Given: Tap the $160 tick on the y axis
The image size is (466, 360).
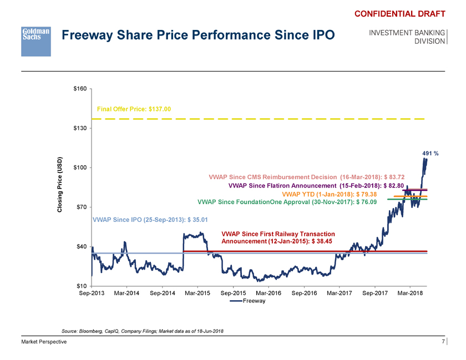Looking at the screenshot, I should point(81,89).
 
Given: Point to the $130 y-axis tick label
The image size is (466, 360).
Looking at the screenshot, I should point(81,128).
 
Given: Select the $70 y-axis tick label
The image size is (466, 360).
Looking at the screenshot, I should point(83,207).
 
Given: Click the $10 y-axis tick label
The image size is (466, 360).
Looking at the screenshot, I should point(83,286).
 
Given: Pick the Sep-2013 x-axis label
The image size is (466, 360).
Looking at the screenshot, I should point(92,293).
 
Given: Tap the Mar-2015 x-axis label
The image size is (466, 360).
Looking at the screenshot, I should point(198,293).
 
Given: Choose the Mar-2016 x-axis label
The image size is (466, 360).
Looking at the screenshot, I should point(269,293).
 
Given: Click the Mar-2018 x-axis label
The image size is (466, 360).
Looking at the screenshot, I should point(411,293).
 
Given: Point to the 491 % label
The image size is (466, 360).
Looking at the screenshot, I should point(430,154).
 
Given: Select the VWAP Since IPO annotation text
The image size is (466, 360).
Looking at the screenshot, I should point(150,220).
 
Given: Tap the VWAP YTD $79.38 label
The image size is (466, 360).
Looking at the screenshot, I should point(330,194).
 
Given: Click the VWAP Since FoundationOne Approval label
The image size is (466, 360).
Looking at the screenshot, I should point(287,202).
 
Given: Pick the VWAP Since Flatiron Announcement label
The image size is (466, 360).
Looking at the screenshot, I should point(320,185).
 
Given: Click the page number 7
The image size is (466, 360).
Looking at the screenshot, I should point(443,342).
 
